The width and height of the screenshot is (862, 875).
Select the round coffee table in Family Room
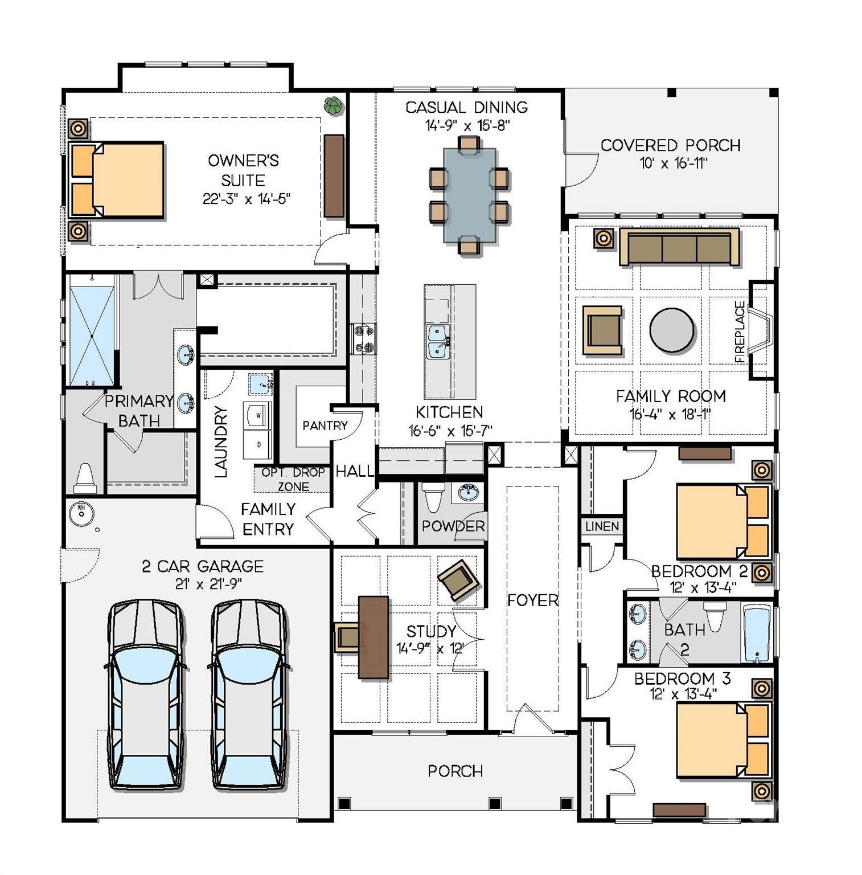(672, 330)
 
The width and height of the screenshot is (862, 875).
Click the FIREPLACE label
(740, 332)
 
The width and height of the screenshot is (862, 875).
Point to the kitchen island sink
(438, 341)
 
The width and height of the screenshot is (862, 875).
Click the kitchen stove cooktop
(362, 338)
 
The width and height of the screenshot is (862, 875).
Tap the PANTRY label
(325, 426)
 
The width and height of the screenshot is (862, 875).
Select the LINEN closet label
(602, 526)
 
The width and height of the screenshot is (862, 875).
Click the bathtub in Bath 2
(757, 633)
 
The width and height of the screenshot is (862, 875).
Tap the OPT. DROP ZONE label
(293, 479)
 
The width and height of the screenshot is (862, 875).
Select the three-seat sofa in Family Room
(679, 247)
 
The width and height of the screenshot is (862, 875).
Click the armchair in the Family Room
(602, 330)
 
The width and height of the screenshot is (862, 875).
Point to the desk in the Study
(373, 637)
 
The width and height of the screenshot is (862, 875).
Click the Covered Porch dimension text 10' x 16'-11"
(673, 163)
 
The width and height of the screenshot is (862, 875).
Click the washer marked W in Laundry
(258, 415)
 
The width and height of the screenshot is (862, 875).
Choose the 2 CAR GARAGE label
(203, 566)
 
